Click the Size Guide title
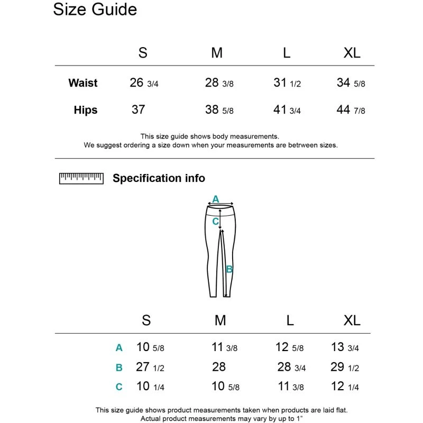pos(95,10)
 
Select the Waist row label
pos(83,83)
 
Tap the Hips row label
pos(86,110)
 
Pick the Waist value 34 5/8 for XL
pos(351,83)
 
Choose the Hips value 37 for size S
pos(138,109)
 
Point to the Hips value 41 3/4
pos(287,110)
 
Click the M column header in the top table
pos(217,53)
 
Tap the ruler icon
pos(81,178)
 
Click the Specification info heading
pos(159,178)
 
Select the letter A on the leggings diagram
pos(215,199)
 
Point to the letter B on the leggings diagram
pos(229,269)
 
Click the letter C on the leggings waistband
pos(215,222)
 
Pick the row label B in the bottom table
pos(119,367)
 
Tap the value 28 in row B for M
pos(218,367)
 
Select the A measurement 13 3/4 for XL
pos(345,347)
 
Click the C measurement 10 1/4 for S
pos(150,387)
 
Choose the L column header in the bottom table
pos(290,320)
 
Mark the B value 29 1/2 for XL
pos(345,367)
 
